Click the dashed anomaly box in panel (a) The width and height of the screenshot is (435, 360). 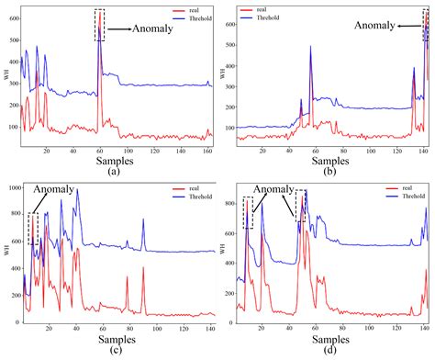100,25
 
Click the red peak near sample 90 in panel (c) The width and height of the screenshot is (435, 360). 143,268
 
